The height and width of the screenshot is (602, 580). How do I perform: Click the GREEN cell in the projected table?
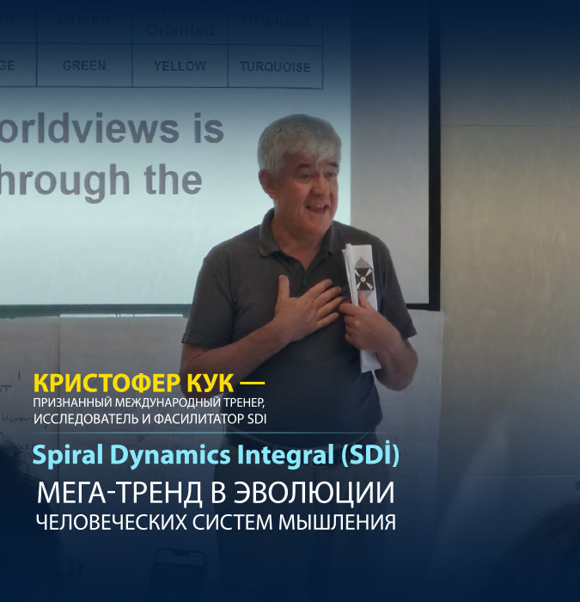click(x=83, y=65)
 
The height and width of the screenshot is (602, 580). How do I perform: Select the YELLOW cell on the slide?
click(x=180, y=65)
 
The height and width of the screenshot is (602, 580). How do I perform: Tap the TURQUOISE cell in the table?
click(x=275, y=66)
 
